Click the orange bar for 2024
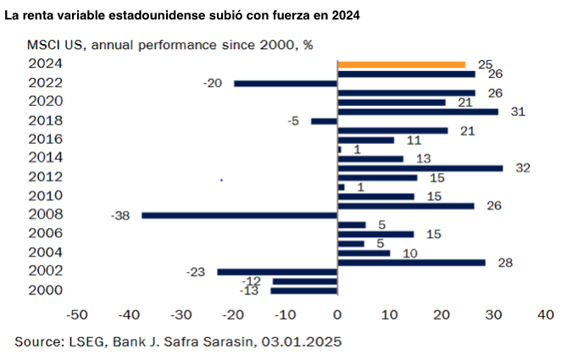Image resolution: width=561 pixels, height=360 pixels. pos(401,64)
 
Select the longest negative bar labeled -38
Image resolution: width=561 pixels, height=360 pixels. pos(240,215)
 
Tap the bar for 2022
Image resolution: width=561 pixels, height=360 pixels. pos(286,83)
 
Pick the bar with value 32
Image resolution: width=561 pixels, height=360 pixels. pos(420,168)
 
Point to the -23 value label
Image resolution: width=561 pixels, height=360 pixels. pos(197,272)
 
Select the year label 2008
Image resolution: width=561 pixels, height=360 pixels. pos(45,213)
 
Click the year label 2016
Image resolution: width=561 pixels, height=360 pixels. pos(45,139)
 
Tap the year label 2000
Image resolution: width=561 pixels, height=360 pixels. pos(45,290)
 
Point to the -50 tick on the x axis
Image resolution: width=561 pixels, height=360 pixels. pos(76,315)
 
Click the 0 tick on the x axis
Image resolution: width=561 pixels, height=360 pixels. pos(337,315)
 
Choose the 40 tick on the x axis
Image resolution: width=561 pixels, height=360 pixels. pos(546,315)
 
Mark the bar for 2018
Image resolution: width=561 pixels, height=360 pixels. pos(325,121)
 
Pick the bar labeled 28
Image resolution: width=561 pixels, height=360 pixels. pos(411,263)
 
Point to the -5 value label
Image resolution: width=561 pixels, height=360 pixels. pos(294,121)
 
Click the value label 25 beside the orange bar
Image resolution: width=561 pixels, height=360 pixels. pos(485,64)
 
